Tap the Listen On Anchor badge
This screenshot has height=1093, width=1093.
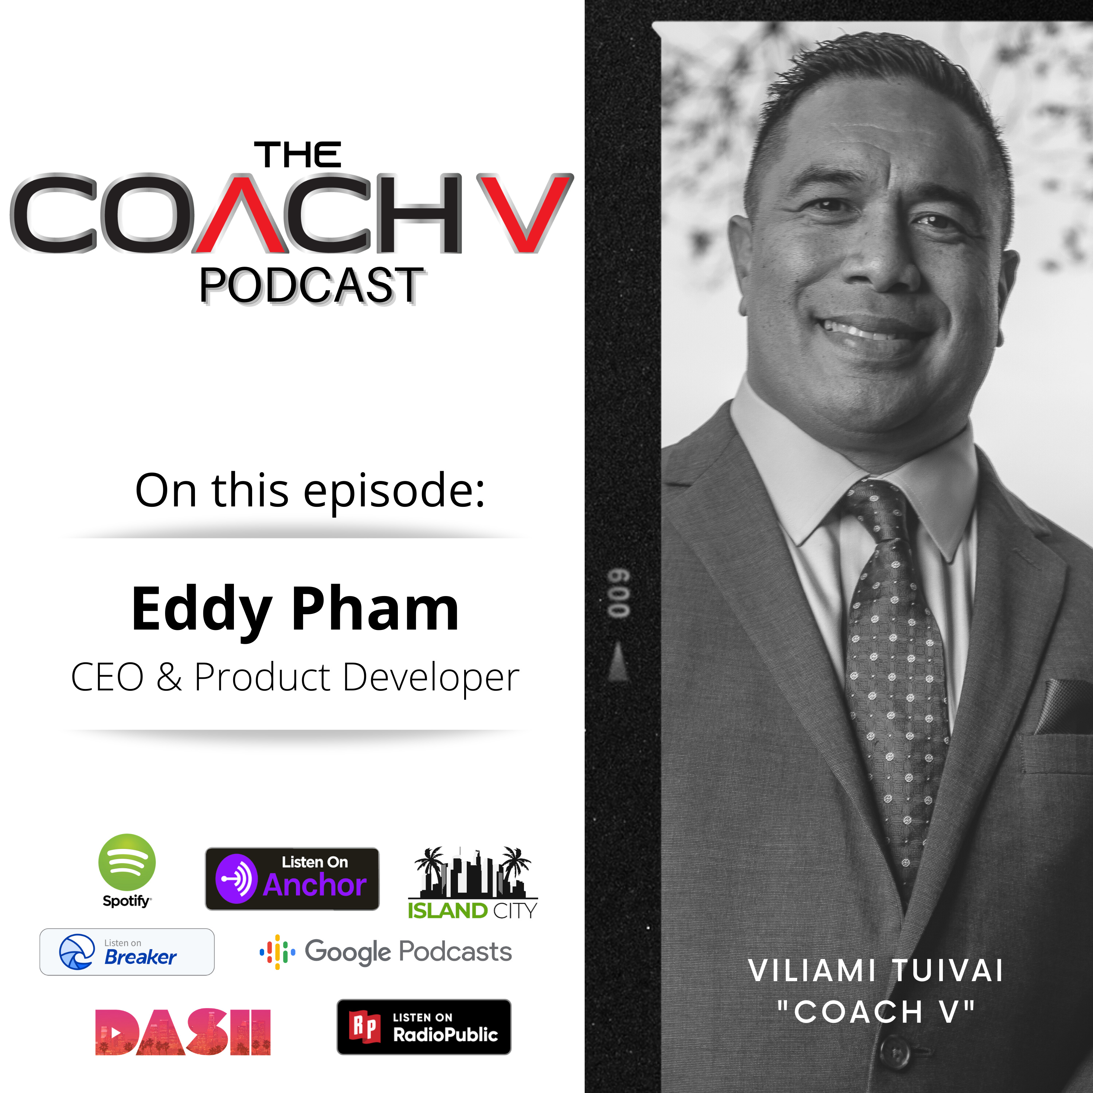[292, 878]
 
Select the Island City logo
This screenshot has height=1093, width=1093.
[473, 882]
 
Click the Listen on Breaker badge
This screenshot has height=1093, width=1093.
[127, 952]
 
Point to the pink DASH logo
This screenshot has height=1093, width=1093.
[183, 1032]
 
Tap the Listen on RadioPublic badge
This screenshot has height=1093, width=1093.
[424, 1027]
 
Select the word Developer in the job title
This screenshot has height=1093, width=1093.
[431, 677]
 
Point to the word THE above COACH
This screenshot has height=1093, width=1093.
[298, 154]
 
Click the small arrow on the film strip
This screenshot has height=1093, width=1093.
[618, 662]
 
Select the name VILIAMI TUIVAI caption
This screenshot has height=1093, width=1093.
[876, 971]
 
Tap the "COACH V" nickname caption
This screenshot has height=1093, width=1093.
[876, 1012]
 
